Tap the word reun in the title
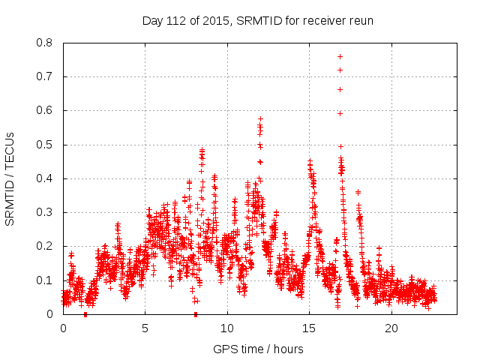[x=360, y=20]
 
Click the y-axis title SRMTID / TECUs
[x=10, y=178]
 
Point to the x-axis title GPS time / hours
[x=259, y=349]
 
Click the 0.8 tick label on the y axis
[x=45, y=43]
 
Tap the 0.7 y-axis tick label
[x=45, y=76]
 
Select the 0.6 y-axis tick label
[x=45, y=110]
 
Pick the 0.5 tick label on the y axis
[x=45, y=145]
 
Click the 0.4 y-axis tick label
[x=45, y=178]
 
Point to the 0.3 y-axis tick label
[x=45, y=212]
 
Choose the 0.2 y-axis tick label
[x=45, y=247]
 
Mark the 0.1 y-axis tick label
[x=45, y=280]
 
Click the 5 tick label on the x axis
[x=145, y=328]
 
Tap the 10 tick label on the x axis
[x=227, y=328]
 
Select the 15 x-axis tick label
[x=309, y=328]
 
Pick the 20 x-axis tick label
[x=391, y=328]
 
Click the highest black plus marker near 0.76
[x=340, y=56]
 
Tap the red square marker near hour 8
[x=196, y=314]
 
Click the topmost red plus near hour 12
[x=260, y=118]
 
